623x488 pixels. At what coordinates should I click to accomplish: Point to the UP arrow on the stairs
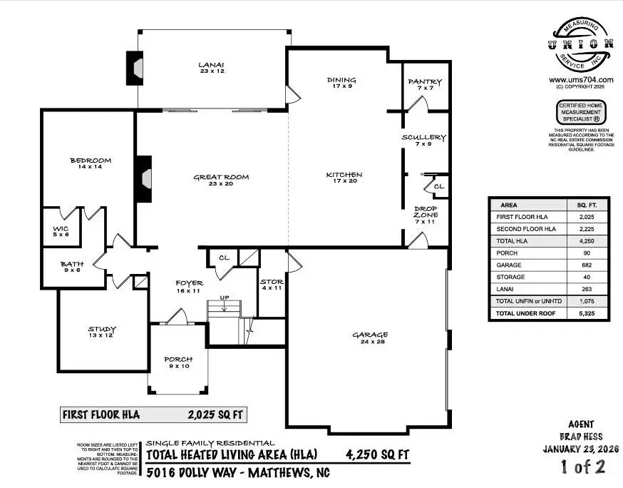[x=224, y=305]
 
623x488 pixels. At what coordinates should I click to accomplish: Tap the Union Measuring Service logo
[x=581, y=45]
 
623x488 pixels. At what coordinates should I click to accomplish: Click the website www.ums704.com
[x=581, y=81]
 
